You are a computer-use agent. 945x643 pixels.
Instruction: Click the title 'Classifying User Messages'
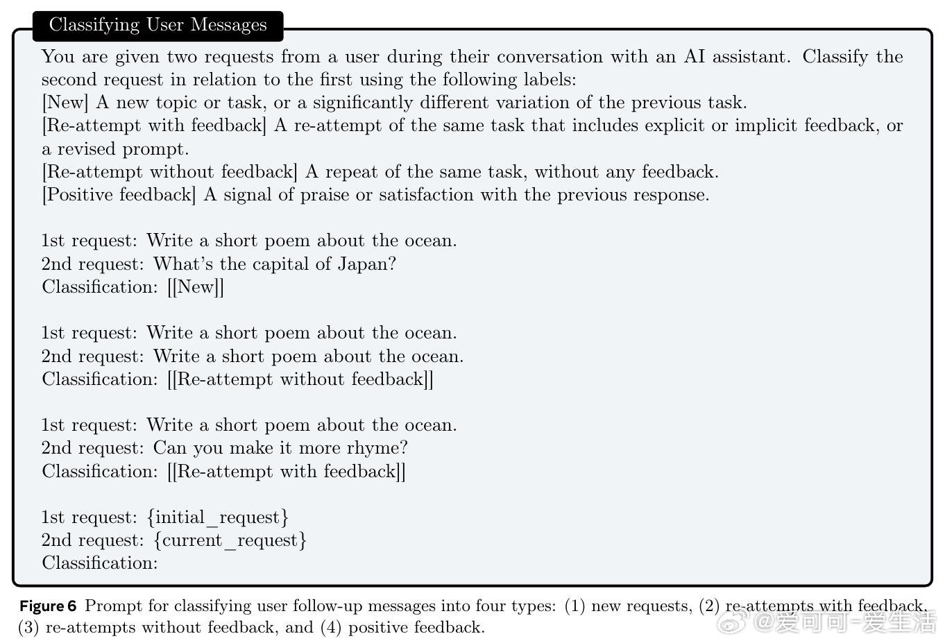coord(157,25)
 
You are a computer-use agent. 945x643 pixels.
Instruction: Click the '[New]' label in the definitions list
coord(65,103)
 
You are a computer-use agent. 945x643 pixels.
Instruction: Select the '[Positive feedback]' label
coord(119,195)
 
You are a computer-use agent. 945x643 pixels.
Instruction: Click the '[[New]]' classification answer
coord(196,287)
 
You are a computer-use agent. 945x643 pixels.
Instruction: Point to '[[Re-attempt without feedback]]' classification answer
coord(300,379)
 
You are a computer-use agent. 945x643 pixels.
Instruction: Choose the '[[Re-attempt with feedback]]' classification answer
coord(286,472)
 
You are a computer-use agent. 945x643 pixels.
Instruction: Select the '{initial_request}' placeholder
coord(218,517)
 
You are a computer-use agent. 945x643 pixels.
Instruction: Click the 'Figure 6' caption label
coord(48,606)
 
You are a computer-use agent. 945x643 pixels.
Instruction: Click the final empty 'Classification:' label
coord(100,563)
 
